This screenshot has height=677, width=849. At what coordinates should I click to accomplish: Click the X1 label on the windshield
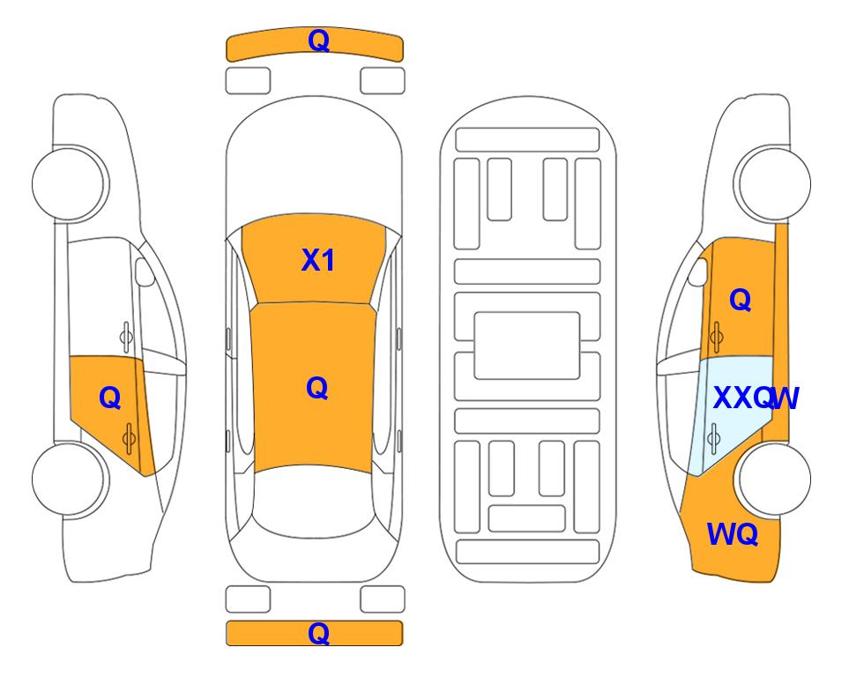pos(318,260)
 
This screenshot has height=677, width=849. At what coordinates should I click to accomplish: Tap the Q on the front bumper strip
pos(318,41)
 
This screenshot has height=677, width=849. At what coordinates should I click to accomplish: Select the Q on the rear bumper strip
pos(318,633)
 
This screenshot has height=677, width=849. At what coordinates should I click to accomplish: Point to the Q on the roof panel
pos(317,388)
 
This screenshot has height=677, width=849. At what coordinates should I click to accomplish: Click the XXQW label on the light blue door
pos(756,398)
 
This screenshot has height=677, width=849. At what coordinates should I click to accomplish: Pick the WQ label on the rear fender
pos(732,534)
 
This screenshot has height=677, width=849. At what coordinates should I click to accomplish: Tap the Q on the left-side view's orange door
pos(109,398)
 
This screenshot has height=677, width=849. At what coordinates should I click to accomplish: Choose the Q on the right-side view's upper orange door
pos(741,299)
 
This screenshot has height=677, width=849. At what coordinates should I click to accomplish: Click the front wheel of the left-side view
pos(69,183)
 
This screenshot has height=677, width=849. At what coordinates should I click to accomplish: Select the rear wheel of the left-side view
pos(69,479)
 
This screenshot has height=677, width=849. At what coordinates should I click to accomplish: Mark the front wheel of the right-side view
pos(772,183)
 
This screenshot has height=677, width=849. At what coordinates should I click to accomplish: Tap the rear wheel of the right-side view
pos(772,479)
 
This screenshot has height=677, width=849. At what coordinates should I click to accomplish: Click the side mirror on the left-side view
pos(144,272)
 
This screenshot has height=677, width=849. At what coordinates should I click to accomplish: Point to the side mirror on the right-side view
pos(697,272)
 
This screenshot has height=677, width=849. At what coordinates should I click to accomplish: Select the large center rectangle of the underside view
pos(527,346)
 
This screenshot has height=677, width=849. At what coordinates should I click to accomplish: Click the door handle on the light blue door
pos(714,438)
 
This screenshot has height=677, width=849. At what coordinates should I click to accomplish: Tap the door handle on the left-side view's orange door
pos(129,438)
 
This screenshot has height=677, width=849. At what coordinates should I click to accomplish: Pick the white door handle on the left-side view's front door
pos(125,337)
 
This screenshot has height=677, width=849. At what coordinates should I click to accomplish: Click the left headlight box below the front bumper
pos(248,81)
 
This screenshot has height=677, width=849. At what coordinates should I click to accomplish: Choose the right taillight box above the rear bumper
pos(383,599)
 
